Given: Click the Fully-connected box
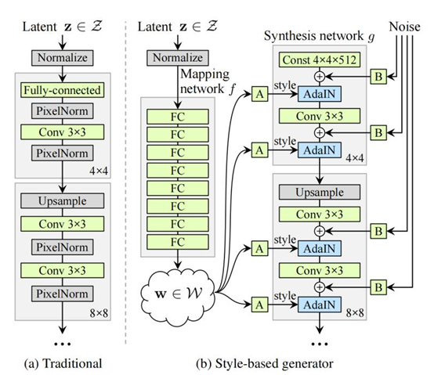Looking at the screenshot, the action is pos(62,90).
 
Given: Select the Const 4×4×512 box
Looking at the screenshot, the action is pos(320,59).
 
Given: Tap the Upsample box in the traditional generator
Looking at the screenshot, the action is pos(62,200).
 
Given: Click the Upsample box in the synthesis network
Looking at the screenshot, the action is pos(320,192).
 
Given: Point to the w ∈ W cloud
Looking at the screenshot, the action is pos(178,294).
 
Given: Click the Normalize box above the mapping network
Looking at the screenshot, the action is pos(178,58).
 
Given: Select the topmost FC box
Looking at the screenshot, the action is pos(178,117).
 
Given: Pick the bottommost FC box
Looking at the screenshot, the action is pos(178,242).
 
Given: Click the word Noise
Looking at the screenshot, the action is pos(404,27).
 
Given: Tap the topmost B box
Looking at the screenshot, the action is pos(378,76).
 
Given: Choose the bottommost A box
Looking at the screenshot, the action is pos(259,305).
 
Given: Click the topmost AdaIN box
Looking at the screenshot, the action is pos(320,94).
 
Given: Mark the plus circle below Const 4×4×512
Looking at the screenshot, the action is pos(320,76).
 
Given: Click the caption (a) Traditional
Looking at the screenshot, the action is pos(63,363).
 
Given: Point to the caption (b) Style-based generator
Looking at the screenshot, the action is pos(265,363).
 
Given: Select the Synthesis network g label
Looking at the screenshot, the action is pos(319,36).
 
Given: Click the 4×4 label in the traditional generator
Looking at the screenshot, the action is pos(99,171).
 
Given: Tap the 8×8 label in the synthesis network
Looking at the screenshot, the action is pos(355,313).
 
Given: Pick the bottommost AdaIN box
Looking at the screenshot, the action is pos(320,305).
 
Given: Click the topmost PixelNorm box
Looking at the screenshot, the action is pos(62,111).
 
